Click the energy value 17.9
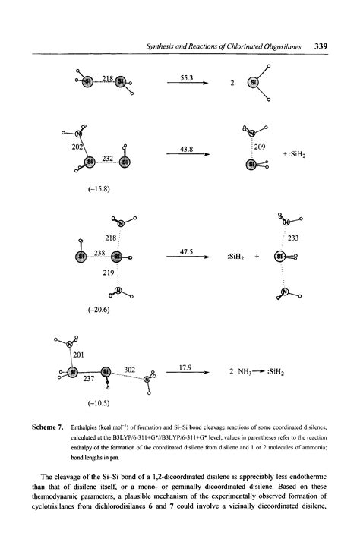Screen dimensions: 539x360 [187, 367]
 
